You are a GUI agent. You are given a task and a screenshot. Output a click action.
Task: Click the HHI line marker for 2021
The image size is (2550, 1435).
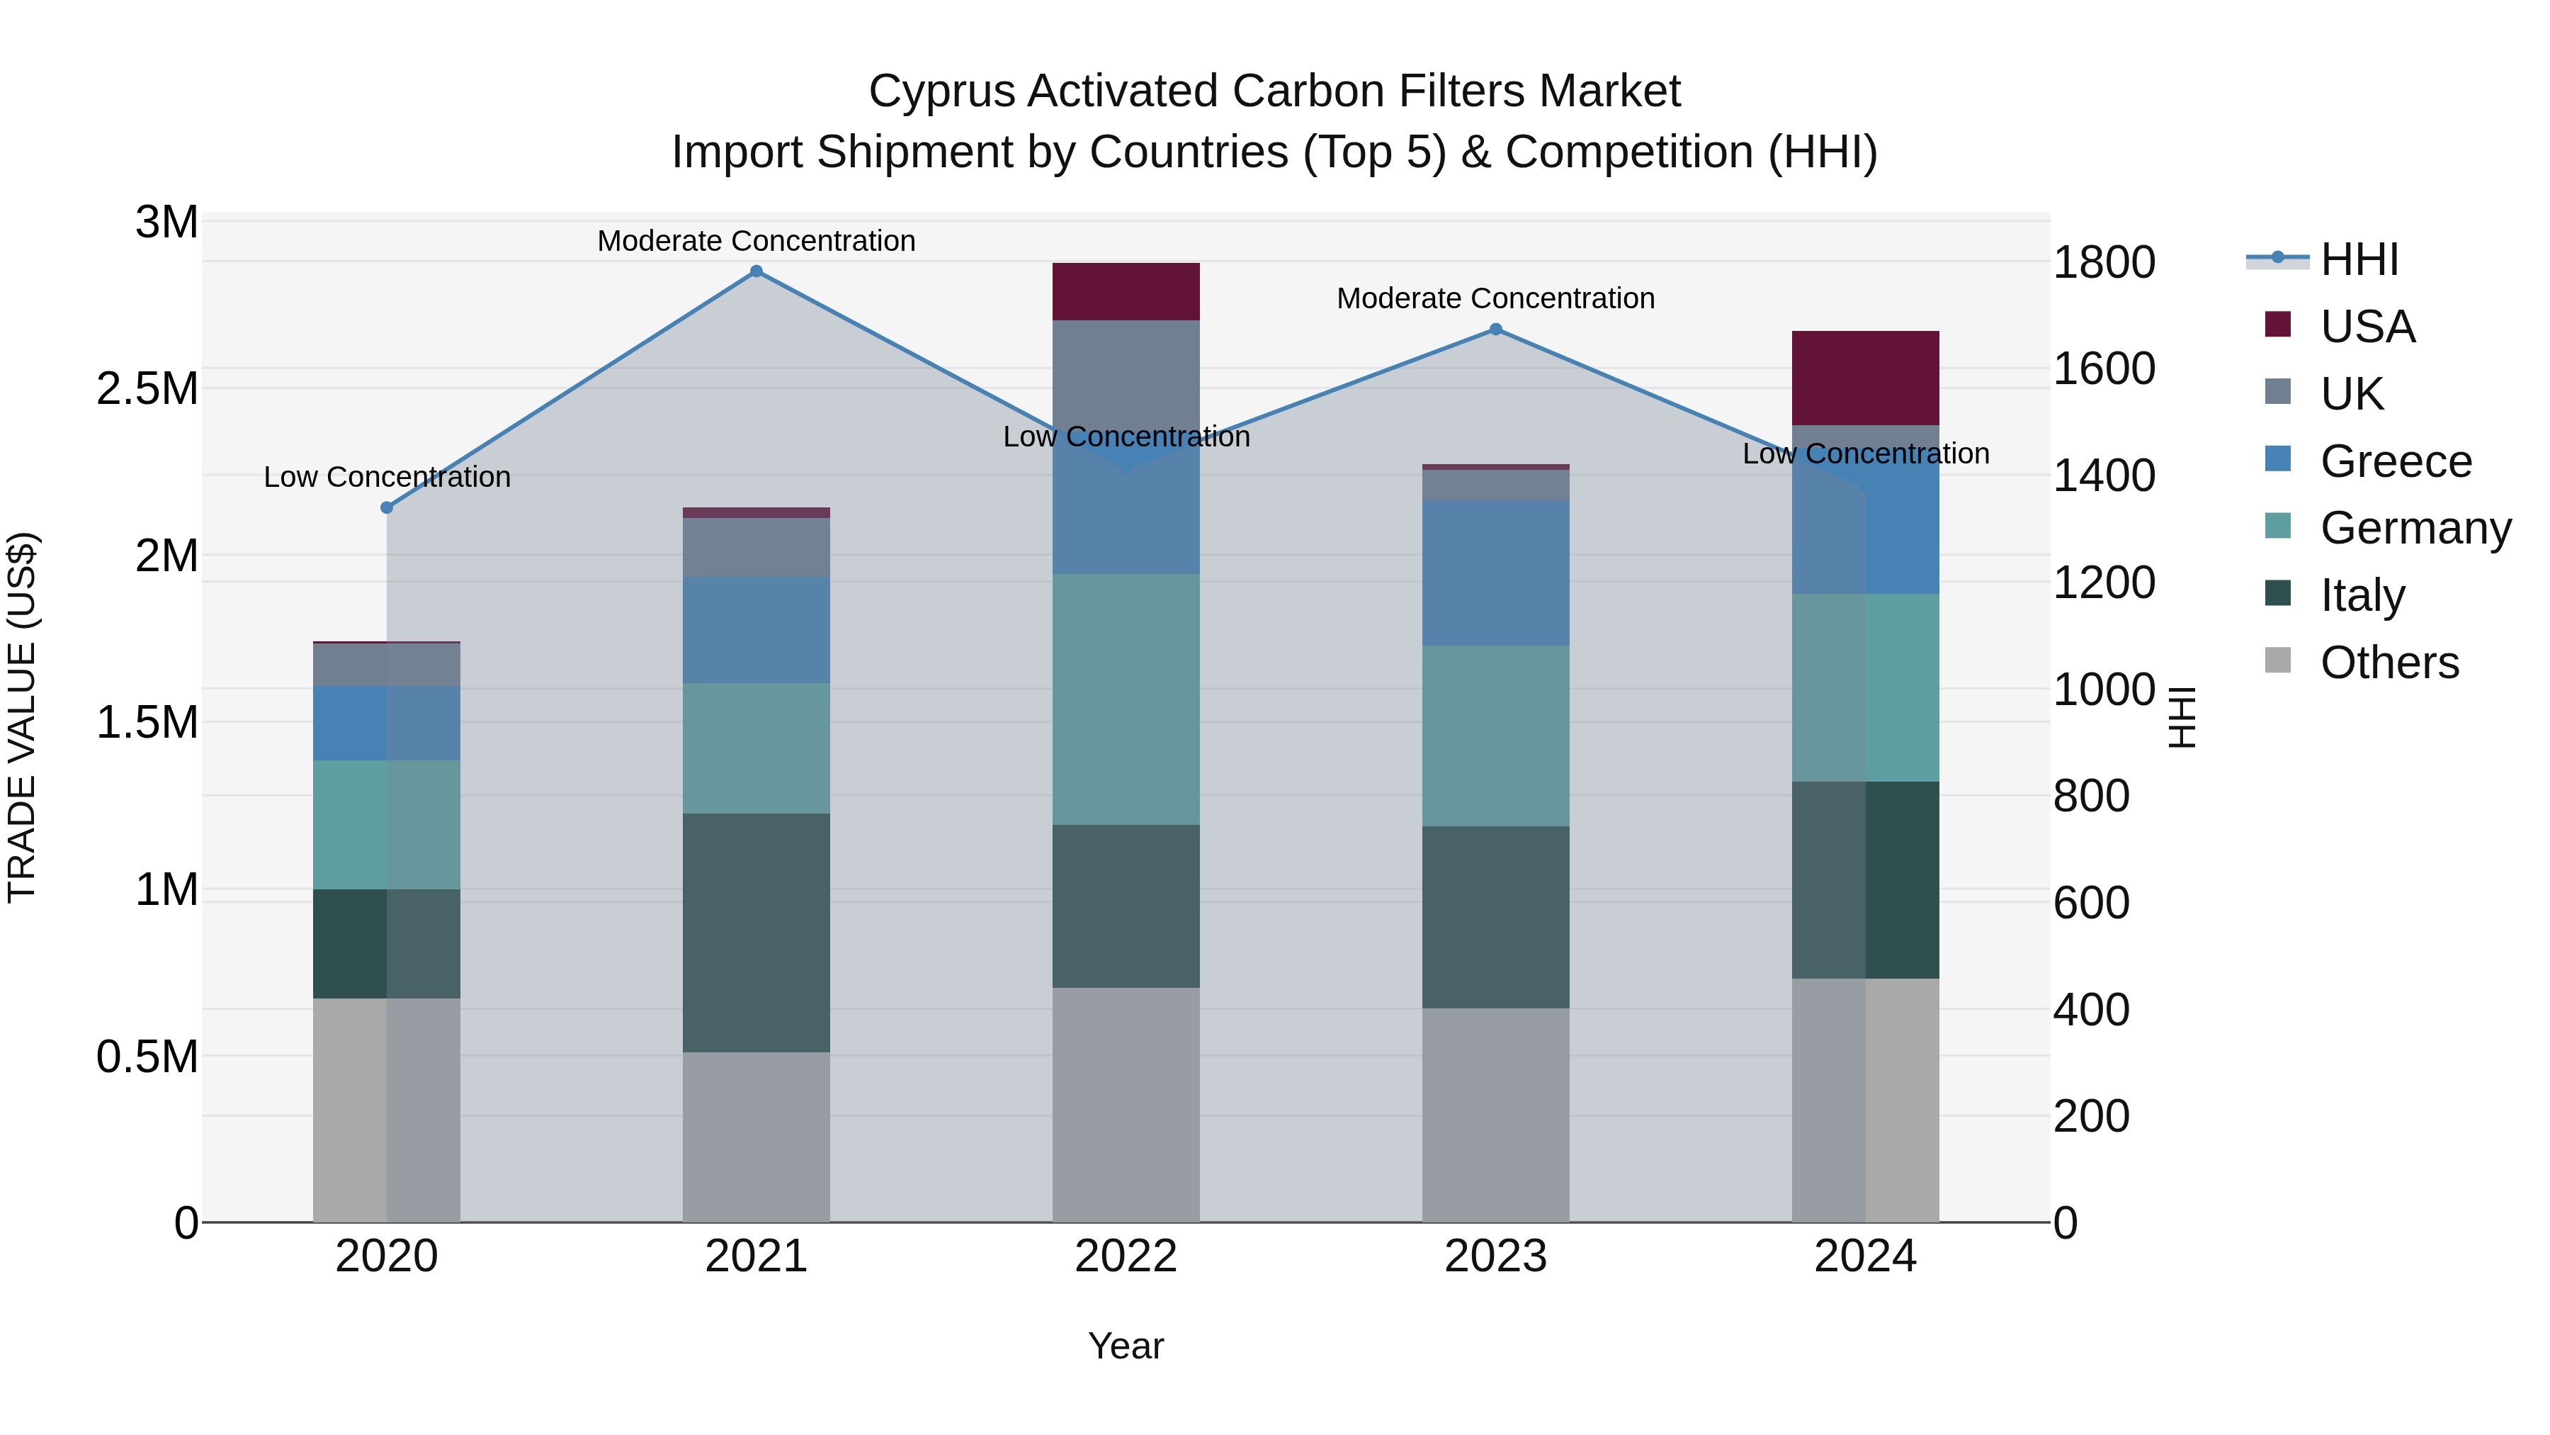pos(756,271)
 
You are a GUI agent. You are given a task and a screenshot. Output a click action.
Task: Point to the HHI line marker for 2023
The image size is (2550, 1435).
pos(1496,330)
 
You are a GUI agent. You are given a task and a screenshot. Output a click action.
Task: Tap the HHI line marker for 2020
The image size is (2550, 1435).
pos(387,508)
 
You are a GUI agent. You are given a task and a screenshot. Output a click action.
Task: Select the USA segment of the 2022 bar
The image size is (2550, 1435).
pos(1126,291)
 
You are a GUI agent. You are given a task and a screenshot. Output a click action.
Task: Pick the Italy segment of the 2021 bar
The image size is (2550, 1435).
pos(756,932)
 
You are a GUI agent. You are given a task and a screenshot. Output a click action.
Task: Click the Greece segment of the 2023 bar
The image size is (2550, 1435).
pos(1496,573)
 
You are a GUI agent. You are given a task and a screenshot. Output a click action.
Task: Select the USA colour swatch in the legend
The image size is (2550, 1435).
pos(2278,325)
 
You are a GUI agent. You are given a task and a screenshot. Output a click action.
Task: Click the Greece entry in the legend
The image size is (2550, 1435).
pos(2396,461)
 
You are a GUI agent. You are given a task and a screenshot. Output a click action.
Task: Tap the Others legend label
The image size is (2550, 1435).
pos(2390,663)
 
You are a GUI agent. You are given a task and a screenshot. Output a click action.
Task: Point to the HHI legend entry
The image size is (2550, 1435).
pos(2359,259)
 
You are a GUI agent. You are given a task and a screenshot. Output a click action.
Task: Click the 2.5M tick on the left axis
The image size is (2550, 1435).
pos(147,389)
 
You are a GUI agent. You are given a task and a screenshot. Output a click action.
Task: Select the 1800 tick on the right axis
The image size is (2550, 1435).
pos(2104,262)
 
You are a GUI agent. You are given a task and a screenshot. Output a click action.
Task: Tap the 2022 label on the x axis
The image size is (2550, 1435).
pos(1126,1256)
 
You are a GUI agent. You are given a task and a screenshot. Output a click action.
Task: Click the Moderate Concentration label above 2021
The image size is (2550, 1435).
pos(756,241)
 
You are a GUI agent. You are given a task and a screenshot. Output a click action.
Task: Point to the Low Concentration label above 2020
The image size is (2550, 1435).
pos(387,478)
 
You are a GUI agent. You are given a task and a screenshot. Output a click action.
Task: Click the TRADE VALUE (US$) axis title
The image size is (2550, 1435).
pos(22,717)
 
